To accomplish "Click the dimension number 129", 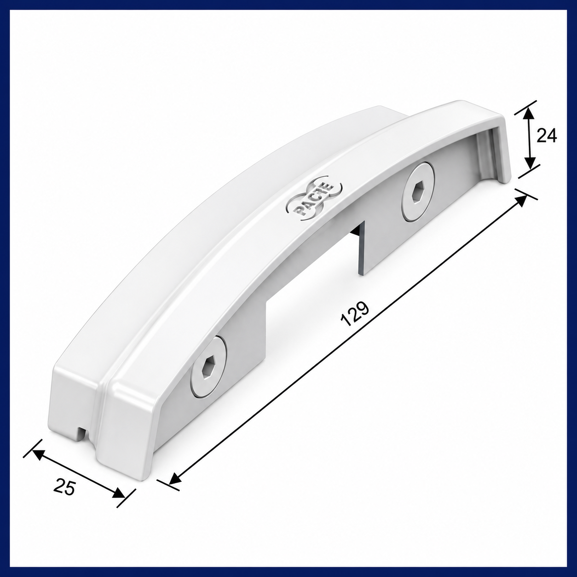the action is tap(356, 314).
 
